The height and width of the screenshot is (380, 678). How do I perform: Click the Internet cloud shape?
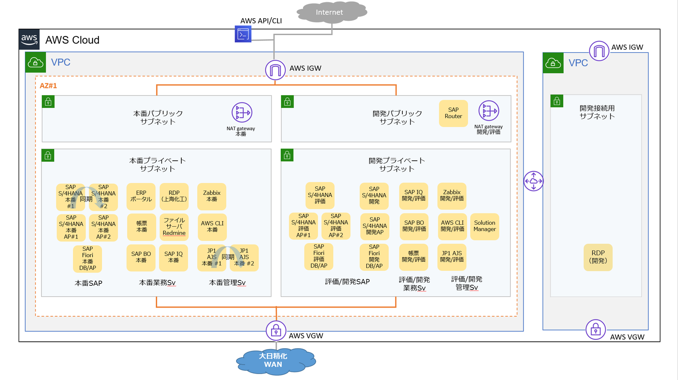(331, 12)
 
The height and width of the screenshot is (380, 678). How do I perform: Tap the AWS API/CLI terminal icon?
(243, 34)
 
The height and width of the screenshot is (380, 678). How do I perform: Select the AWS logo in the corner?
(29, 40)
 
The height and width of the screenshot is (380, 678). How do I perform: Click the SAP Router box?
(453, 113)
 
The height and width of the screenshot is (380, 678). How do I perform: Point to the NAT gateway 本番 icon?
(241, 113)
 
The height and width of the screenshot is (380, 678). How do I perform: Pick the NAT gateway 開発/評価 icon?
(488, 111)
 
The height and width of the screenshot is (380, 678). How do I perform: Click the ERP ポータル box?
(141, 196)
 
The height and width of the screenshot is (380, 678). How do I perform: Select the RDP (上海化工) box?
(174, 196)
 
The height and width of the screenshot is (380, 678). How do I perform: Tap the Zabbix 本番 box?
(211, 196)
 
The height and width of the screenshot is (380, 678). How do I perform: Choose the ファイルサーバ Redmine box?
(174, 227)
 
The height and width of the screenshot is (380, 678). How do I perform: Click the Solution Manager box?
(484, 226)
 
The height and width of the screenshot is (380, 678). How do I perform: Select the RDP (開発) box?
(598, 257)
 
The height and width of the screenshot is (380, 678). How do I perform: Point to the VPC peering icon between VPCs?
(533, 181)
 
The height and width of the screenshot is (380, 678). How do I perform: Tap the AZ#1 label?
(48, 86)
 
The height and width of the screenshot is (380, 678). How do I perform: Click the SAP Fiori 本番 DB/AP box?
(87, 258)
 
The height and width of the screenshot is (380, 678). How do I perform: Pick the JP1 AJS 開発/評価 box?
(452, 257)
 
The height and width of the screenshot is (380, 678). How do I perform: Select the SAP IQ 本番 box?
(174, 258)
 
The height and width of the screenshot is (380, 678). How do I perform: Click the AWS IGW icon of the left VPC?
(275, 70)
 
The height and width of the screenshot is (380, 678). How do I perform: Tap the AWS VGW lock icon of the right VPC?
(595, 330)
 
